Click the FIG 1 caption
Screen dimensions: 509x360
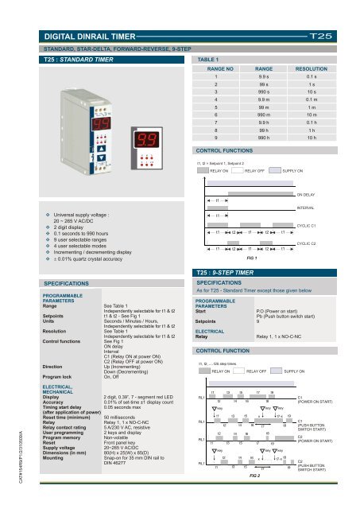point(252,258)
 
